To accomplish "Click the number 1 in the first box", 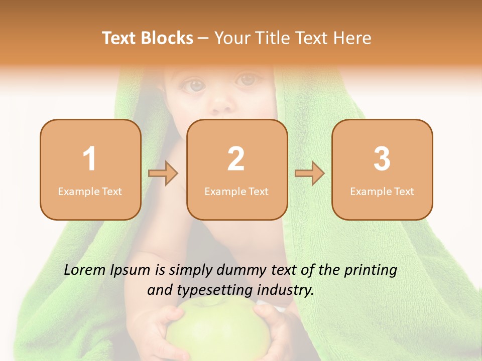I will coord(90,159).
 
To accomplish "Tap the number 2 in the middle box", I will coord(236,159).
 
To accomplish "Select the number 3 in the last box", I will coord(382,159).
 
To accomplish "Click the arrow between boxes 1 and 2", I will coord(163,173).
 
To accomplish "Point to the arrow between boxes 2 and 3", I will coord(310,173).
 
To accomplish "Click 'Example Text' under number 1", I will coord(90,192).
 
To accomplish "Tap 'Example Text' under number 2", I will coord(236,192).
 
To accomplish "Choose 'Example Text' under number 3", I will coord(382,192).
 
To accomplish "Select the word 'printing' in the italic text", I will coord(370,270).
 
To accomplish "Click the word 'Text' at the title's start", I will coord(119,38).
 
